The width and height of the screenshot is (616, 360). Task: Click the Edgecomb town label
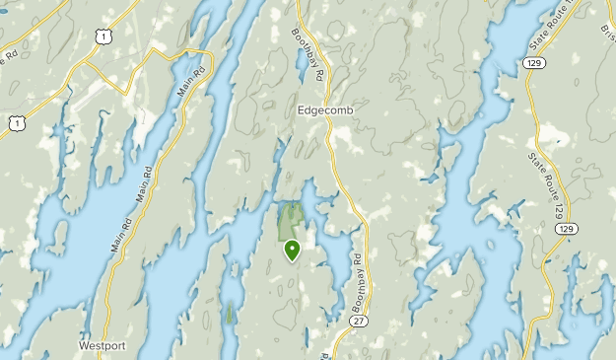(324, 110)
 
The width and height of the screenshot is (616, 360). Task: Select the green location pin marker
(292, 250)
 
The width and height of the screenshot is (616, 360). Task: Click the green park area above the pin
(291, 219)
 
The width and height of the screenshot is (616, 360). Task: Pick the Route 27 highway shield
(356, 321)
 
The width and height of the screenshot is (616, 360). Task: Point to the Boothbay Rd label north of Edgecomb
(308, 46)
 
